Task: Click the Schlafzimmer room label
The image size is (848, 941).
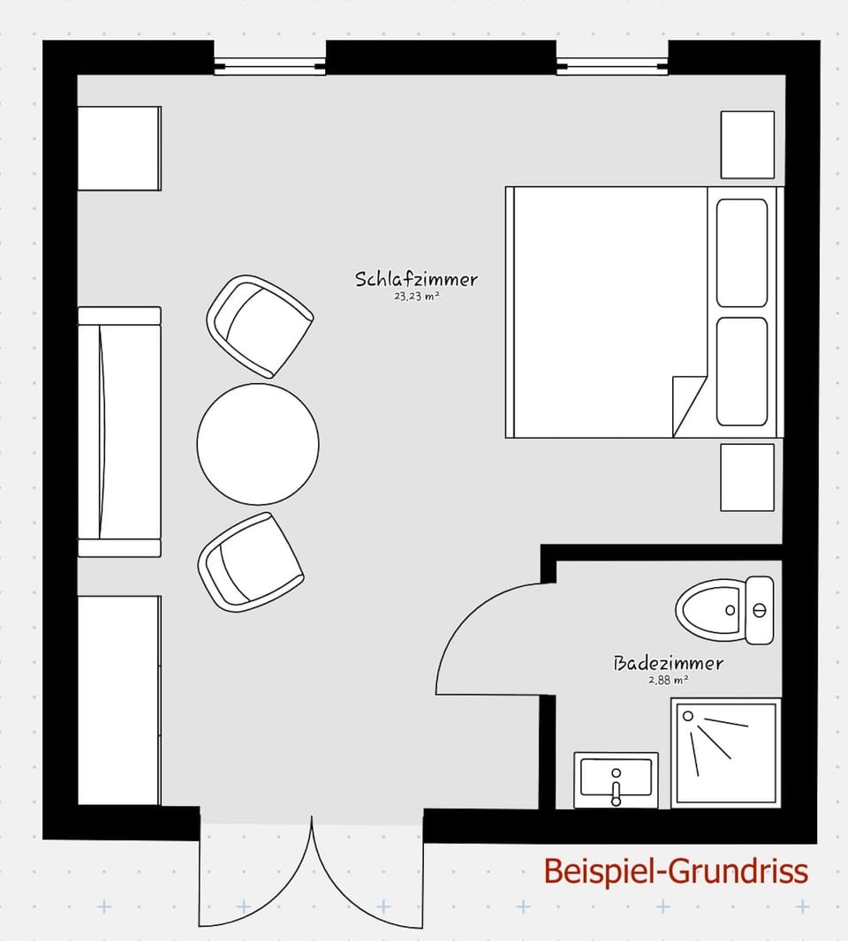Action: pos(416,279)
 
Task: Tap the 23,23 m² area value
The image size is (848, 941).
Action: pos(417,297)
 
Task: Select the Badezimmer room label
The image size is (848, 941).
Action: pos(668,663)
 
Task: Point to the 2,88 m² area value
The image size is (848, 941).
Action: pos(668,681)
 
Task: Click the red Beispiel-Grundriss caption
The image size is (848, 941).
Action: pos(675,871)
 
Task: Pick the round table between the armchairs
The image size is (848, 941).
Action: pos(258,444)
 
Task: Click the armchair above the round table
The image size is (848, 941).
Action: pos(259,326)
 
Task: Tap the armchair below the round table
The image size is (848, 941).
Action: pos(251,562)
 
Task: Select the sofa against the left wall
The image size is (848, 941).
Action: pos(119,432)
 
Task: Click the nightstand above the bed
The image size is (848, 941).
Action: pos(747,145)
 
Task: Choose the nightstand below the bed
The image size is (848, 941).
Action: pos(747,477)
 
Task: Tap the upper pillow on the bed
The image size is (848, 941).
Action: pos(742,252)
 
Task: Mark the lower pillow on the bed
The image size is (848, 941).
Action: pos(742,372)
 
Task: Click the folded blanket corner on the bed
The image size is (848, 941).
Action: pos(687,403)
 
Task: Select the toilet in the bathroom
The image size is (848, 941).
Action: pos(723,609)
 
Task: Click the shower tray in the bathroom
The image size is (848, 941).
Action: pos(725,752)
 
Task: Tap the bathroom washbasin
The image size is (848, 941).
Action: pos(616,779)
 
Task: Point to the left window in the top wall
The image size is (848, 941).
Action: pos(269,66)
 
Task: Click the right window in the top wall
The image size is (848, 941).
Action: pos(611,66)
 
